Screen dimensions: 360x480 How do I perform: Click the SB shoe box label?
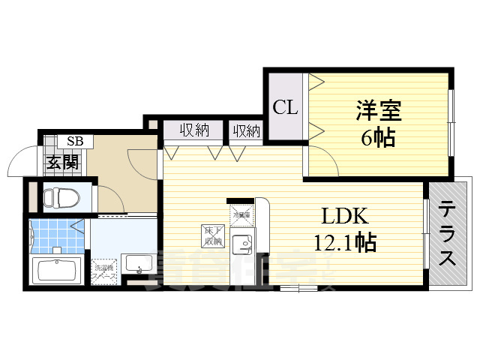[76, 141]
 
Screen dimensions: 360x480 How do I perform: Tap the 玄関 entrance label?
[62, 161]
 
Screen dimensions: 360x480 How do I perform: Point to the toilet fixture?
[59, 198]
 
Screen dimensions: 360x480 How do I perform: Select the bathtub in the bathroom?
[57, 269]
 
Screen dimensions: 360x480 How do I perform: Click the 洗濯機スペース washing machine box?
[103, 268]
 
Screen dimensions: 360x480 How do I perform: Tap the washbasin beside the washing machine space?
[138, 263]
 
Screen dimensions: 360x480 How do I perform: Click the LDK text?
[344, 217]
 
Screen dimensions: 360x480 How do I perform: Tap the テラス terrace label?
[448, 233]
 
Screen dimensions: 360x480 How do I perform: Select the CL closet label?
[284, 107]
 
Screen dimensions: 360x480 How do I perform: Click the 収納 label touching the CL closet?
[246, 131]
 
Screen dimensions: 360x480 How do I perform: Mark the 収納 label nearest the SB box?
[193, 130]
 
